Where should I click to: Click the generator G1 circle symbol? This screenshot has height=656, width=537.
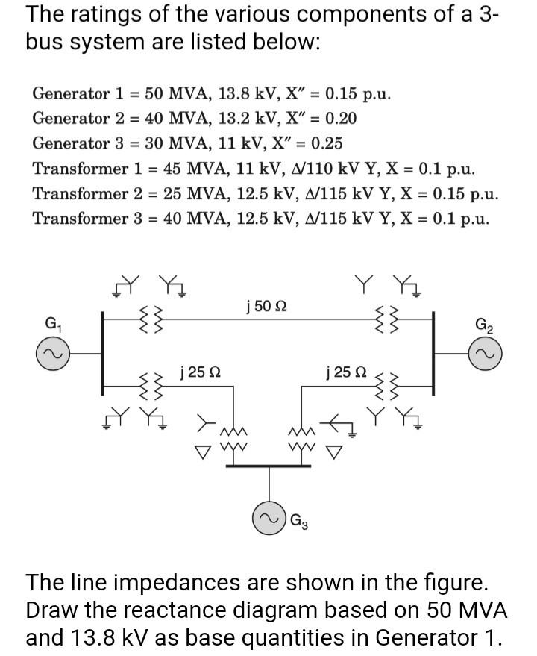tap(53, 352)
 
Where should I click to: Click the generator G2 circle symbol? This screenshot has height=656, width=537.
tap(486, 352)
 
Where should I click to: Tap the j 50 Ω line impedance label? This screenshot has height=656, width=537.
tap(266, 306)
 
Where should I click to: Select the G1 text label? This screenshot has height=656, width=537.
tap(53, 325)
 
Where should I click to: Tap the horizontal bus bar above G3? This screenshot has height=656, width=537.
tap(266, 467)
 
